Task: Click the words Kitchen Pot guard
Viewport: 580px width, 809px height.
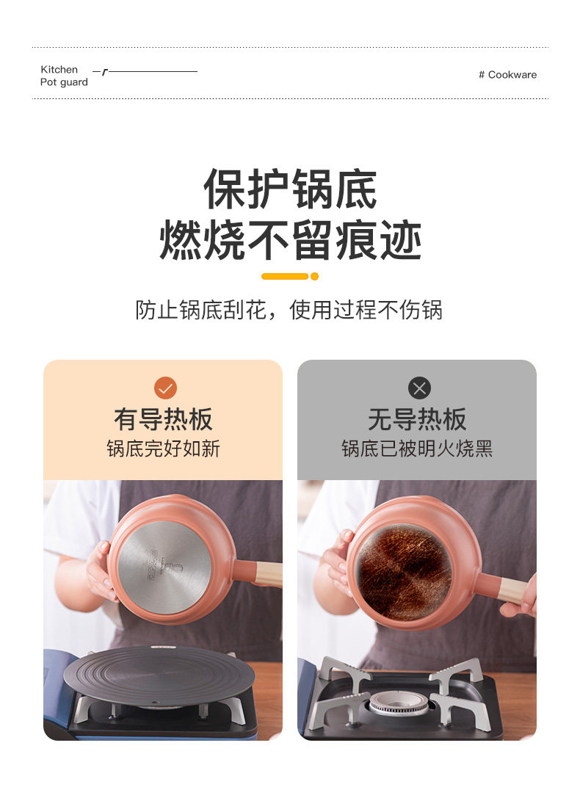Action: click(x=64, y=76)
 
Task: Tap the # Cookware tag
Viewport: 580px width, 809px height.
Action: click(x=508, y=75)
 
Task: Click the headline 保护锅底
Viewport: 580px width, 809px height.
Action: click(x=290, y=189)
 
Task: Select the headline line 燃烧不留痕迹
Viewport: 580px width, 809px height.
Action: click(x=291, y=240)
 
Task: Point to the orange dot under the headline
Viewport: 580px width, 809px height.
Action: click(x=314, y=277)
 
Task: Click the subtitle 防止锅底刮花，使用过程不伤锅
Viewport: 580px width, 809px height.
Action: click(x=289, y=310)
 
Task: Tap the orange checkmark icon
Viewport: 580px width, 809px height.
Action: click(x=165, y=388)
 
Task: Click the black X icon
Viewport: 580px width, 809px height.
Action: click(x=419, y=388)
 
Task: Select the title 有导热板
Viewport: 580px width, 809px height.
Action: click(x=163, y=419)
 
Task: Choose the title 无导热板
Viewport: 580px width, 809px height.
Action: click(x=417, y=419)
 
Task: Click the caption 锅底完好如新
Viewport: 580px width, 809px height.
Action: click(x=163, y=449)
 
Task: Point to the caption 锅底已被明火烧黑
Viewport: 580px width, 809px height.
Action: click(x=417, y=449)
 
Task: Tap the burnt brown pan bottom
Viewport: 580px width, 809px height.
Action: click(x=405, y=565)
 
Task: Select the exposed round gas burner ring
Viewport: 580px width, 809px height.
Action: click(x=399, y=702)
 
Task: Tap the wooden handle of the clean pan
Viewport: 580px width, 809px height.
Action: click(x=269, y=574)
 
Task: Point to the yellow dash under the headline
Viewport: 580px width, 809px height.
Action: click(x=285, y=277)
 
